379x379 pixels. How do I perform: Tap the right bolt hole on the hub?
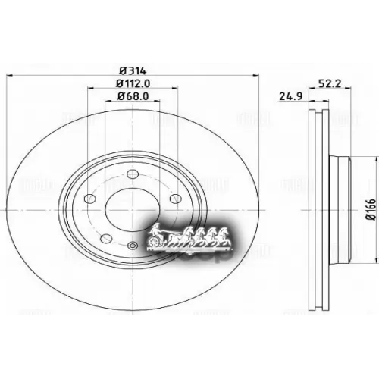tap(175, 199)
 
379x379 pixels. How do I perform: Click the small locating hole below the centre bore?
tap(133, 245)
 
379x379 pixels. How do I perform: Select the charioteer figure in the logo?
tap(157, 230)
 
